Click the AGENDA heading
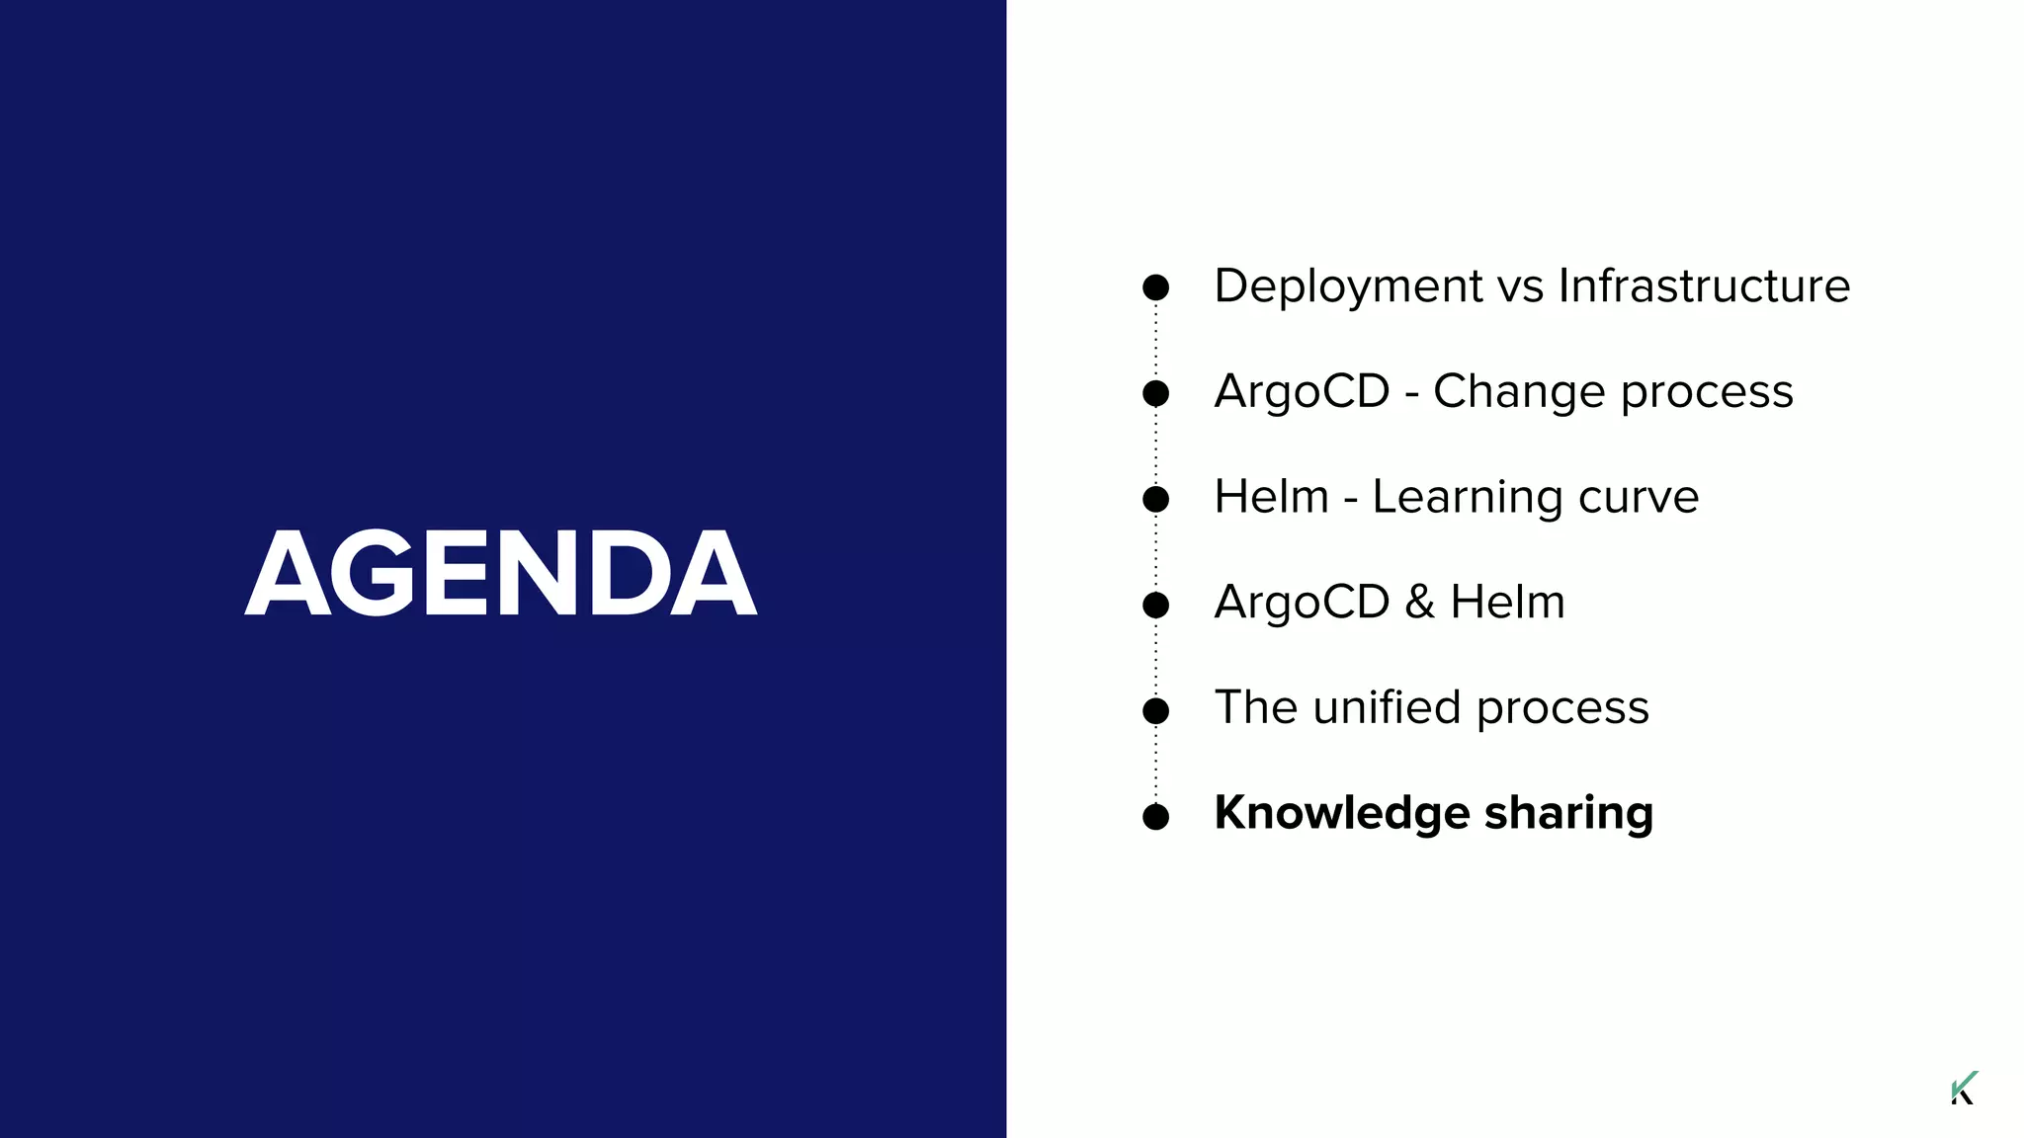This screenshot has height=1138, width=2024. tap(500, 573)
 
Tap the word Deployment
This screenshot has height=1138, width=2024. tap(1348, 286)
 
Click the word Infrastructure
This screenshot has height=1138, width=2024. tap(1704, 286)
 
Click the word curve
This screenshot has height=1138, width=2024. tap(1639, 497)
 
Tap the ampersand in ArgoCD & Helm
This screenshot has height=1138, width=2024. tap(1419, 603)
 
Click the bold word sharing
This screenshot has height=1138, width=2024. tap(1568, 813)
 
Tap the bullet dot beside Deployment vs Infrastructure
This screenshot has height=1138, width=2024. tap(1155, 287)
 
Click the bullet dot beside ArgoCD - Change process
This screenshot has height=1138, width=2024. tap(1155, 393)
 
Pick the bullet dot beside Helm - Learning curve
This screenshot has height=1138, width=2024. tap(1155, 499)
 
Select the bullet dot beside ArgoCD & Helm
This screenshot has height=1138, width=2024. tap(1155, 605)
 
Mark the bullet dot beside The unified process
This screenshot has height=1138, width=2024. tap(1155, 710)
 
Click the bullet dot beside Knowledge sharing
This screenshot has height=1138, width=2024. tap(1155, 817)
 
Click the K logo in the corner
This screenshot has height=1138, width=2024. tap(1964, 1088)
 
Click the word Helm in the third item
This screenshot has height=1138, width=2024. tap(1271, 497)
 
